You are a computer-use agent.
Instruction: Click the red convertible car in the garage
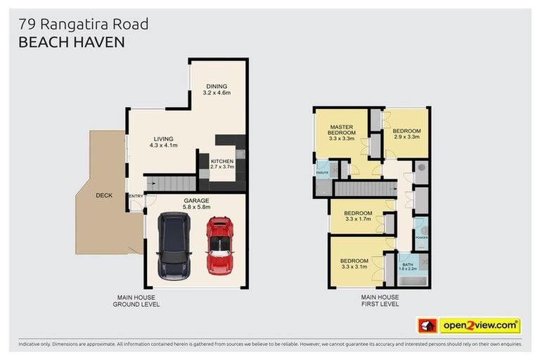tap(219, 245)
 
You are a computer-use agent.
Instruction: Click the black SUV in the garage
tap(174, 247)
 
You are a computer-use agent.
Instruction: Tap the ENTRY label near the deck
tap(134, 195)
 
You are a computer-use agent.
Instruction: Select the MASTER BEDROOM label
tap(342, 133)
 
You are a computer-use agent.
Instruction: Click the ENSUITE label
tap(323, 172)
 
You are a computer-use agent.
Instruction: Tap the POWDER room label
tap(421, 238)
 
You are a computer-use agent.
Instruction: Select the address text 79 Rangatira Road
tap(83, 25)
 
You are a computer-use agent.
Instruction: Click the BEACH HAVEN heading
tap(71, 42)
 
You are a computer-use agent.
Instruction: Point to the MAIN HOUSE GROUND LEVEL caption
tap(136, 301)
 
